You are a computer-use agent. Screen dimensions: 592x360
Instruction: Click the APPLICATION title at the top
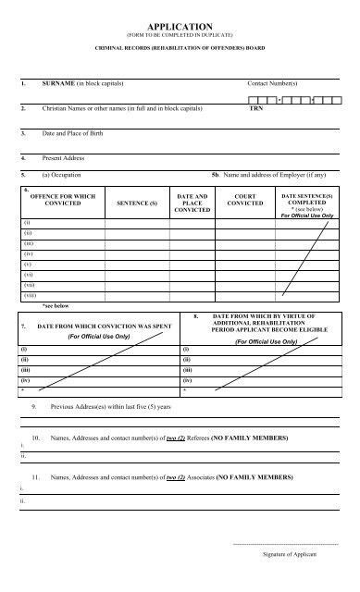point(180,28)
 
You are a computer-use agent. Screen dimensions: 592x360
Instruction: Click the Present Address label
point(58,158)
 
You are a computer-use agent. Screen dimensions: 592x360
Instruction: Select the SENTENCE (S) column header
point(138,201)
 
